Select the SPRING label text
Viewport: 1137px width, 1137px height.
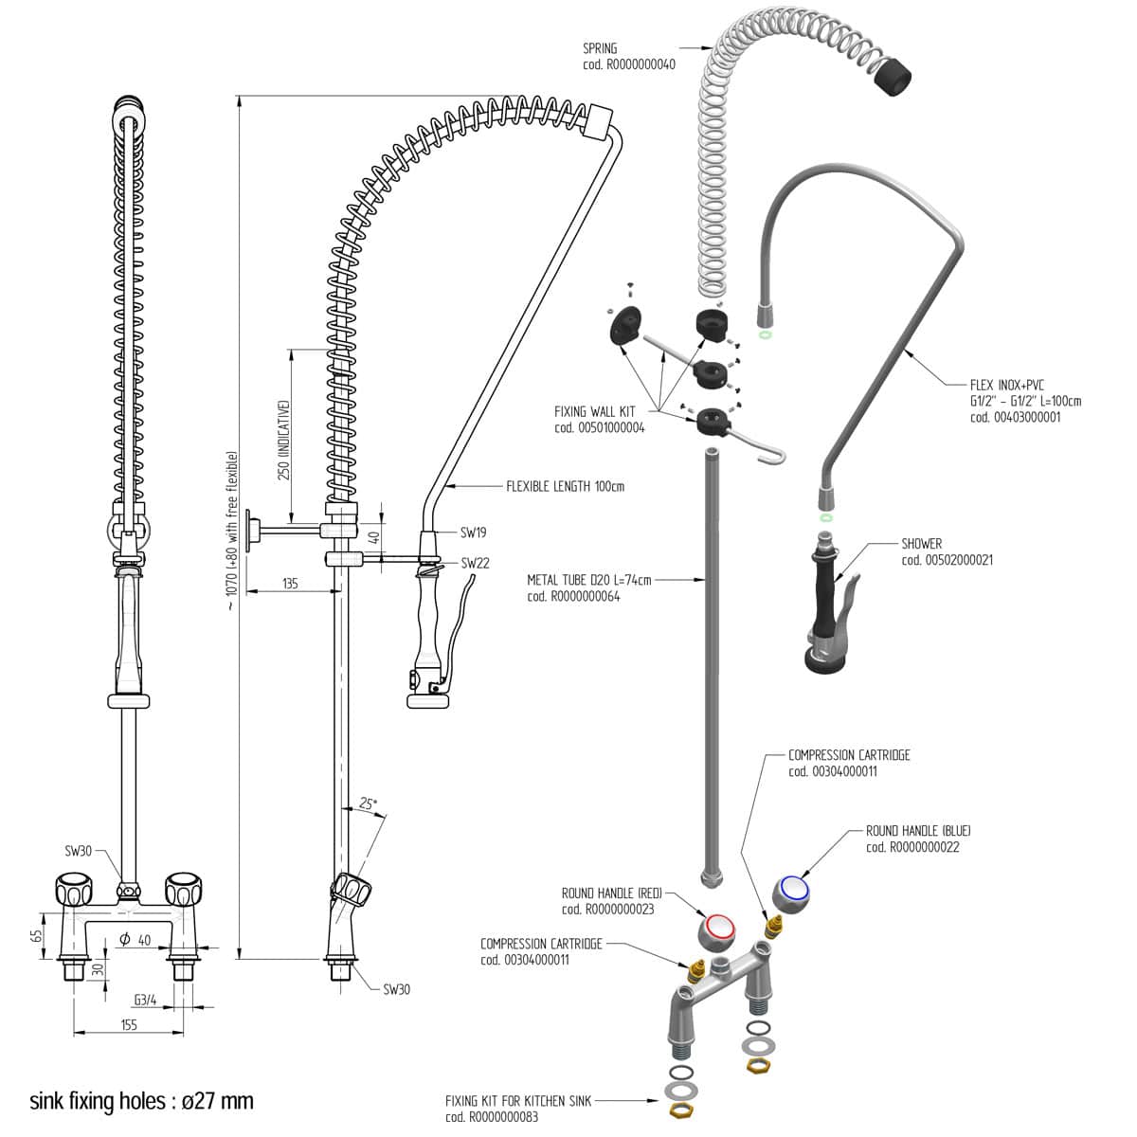pos(600,48)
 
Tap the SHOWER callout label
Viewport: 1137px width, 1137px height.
pos(921,544)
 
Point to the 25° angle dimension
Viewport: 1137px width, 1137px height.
pos(368,803)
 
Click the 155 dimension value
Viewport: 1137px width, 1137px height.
pos(129,1024)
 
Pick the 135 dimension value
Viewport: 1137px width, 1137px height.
pos(290,584)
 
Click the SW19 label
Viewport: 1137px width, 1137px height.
pos(474,533)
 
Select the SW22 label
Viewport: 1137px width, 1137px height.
pos(475,563)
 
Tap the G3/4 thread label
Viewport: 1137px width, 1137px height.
pos(145,999)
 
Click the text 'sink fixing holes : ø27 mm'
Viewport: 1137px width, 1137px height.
pos(142,1101)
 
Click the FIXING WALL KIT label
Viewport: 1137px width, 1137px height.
pos(594,412)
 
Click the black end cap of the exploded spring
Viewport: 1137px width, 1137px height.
pos(892,74)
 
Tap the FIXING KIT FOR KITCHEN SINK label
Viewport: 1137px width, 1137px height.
pos(517,1101)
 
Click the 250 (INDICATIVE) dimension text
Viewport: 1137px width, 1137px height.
pos(283,440)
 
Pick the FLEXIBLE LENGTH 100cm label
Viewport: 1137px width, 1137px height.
pos(566,487)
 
